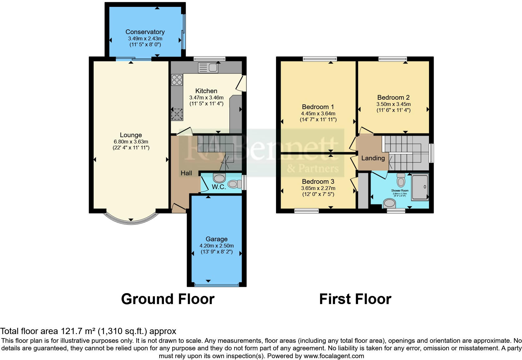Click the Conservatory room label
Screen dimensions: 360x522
pos(145,32)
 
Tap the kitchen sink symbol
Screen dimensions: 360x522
pos(208,68)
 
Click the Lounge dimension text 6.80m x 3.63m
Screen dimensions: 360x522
pos(131,142)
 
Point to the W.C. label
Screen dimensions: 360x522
pos(219,187)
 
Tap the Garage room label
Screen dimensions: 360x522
pos(216,239)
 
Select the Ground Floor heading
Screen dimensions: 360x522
pos(168,299)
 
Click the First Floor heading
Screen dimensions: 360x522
pos(355,299)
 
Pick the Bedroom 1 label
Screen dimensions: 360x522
pos(318,107)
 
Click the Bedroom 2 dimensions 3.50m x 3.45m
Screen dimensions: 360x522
pos(393,104)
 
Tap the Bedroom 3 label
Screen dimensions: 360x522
pos(318,182)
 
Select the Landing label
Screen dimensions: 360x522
pos(373,158)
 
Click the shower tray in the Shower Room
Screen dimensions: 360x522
pos(420,187)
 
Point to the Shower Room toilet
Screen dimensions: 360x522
pos(401,180)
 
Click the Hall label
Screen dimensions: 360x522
pos(186,173)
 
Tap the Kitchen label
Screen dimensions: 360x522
pos(206,91)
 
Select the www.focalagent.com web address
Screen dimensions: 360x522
pos(334,356)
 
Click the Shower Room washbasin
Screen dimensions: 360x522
pos(390,204)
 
